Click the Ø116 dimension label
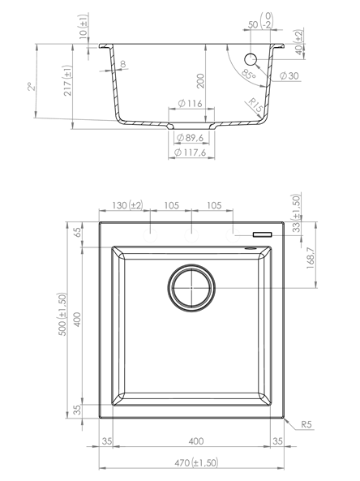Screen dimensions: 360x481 click(x=191, y=103)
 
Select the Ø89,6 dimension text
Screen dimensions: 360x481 click(x=191, y=138)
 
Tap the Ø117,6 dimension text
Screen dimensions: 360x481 click(x=191, y=152)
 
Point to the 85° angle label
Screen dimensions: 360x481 click(x=249, y=73)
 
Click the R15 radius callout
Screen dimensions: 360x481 click(x=255, y=105)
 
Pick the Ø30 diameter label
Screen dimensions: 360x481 click(x=289, y=75)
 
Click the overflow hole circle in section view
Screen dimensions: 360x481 click(x=251, y=59)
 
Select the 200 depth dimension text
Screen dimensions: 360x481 click(x=200, y=81)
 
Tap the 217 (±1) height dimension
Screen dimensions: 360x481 click(x=68, y=80)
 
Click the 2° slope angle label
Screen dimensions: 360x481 click(x=31, y=87)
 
